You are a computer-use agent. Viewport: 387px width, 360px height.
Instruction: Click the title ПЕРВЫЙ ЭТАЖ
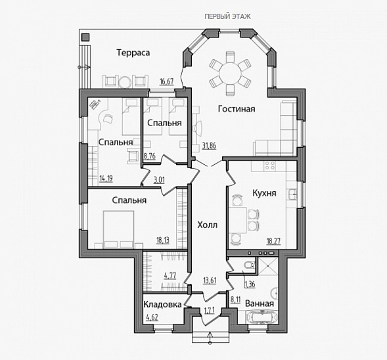[227, 16]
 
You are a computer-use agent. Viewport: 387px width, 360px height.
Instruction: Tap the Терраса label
[133, 53]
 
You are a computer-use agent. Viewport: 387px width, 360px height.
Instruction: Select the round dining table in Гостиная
[230, 74]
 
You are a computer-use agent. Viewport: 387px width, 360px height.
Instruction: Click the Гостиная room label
[237, 109]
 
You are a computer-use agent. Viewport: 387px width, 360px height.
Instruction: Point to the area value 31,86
[209, 146]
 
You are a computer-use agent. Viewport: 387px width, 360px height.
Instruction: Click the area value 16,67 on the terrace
[167, 81]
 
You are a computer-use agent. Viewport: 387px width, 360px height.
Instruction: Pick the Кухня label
[264, 193]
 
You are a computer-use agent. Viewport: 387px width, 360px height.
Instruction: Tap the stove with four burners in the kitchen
[270, 166]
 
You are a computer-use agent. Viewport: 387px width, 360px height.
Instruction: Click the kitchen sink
[292, 194]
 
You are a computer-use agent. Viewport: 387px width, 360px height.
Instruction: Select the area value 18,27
[273, 241]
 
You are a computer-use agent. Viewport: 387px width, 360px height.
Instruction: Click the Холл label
[208, 225]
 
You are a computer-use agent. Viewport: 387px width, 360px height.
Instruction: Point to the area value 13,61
[210, 281]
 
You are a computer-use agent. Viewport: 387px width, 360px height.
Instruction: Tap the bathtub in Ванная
[262, 317]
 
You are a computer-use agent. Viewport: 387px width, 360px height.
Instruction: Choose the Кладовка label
[162, 304]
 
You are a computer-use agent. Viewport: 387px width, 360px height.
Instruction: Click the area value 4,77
[170, 275]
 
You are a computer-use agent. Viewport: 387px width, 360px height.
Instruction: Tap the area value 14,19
[106, 179]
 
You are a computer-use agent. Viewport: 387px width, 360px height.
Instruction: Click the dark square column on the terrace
[85, 37]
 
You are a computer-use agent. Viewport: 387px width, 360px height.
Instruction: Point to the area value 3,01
[159, 180]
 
